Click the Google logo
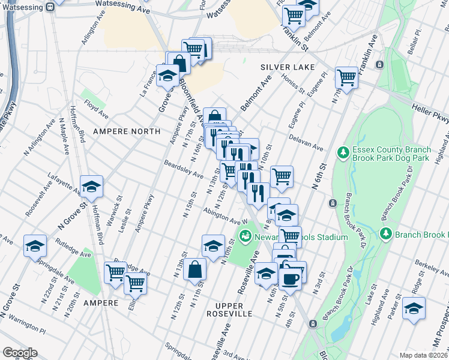coord(20,353)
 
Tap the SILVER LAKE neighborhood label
coord(288,67)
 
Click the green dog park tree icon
coord(343,154)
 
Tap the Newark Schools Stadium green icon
coord(245,237)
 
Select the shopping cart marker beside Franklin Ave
coord(346,77)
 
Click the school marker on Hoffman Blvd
coord(91,187)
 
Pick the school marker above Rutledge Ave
coord(35,245)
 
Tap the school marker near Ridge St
coord(414,308)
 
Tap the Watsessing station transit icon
coord(51,3)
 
